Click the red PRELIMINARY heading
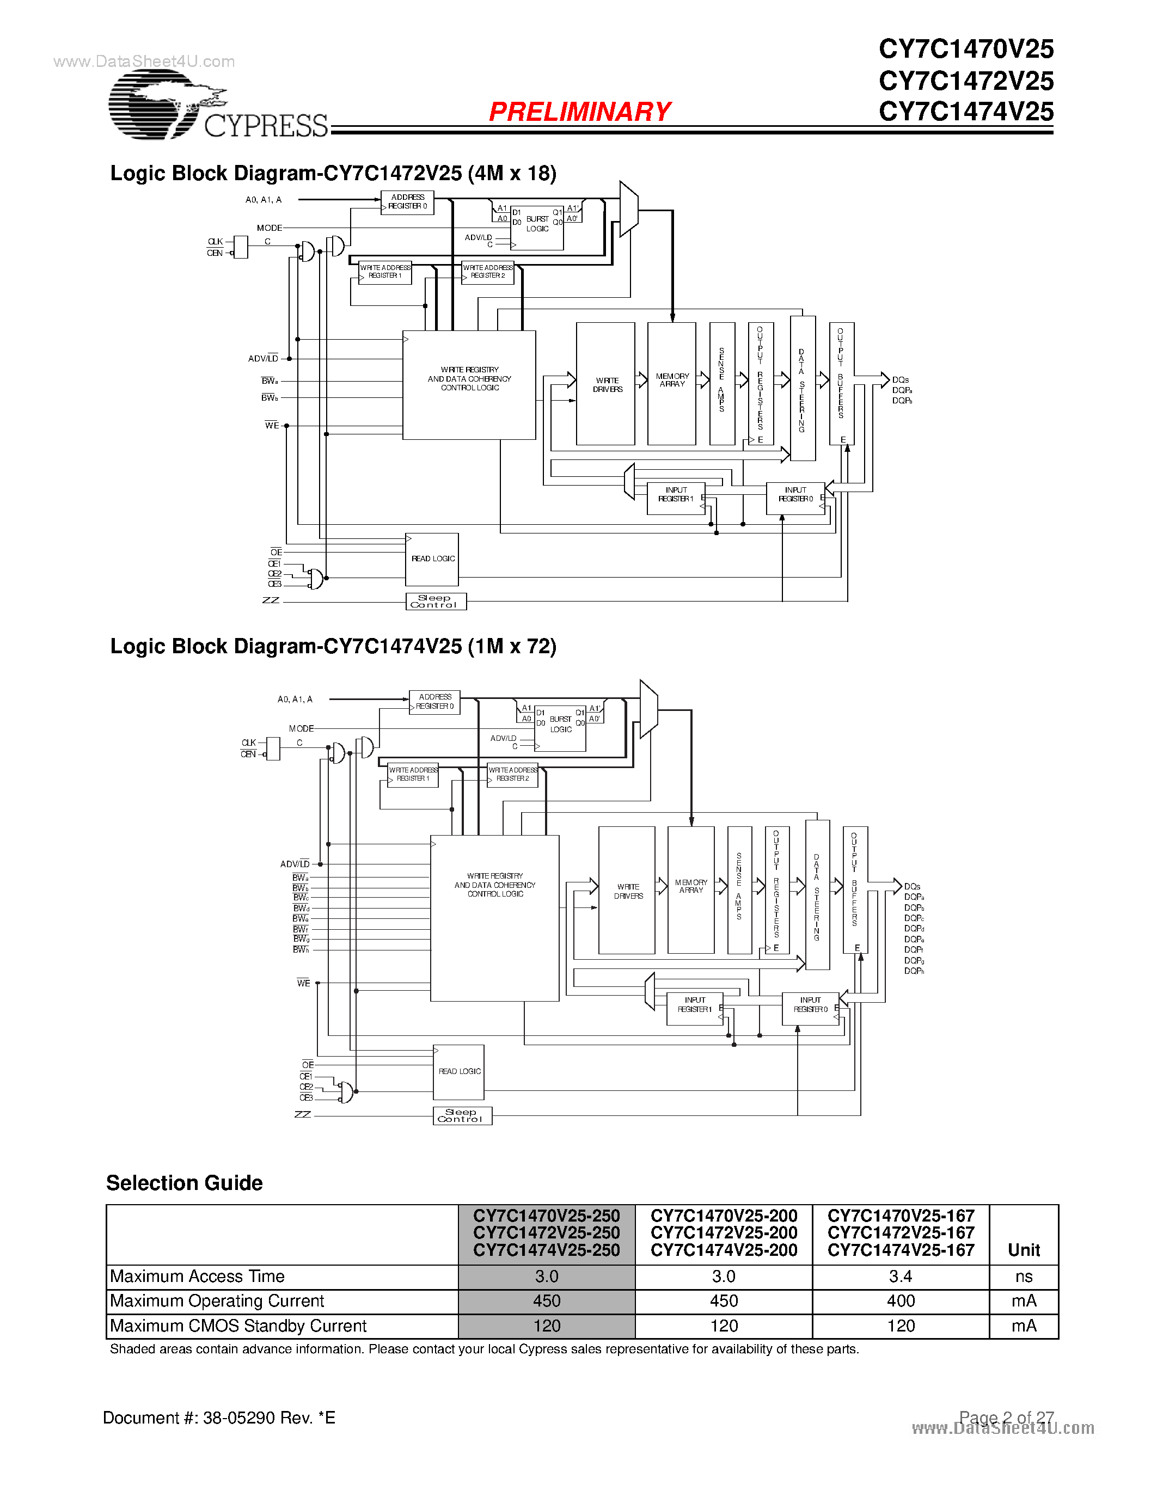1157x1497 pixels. tap(579, 112)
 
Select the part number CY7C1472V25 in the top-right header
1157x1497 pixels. tap(965, 81)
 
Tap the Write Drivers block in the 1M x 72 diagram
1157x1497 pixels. tap(627, 891)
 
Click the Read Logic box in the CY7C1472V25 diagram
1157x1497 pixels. tap(432, 559)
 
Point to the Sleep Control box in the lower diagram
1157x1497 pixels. tap(462, 1116)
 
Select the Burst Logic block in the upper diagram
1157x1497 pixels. tap(537, 227)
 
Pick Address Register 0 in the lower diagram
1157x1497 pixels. tap(434, 702)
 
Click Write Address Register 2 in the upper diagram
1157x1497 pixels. tap(487, 272)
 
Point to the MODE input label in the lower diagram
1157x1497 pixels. tap(301, 728)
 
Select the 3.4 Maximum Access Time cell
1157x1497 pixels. tap(900, 1277)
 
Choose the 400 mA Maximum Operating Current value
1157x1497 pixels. tap(900, 1301)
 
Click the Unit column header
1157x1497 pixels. tap(1024, 1250)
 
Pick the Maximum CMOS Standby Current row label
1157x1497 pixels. tap(238, 1326)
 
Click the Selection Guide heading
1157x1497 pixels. tap(185, 1183)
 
